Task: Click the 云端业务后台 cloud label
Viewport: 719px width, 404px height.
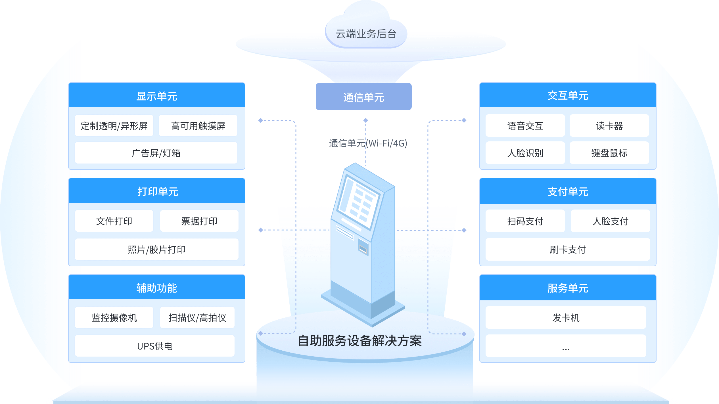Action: [x=366, y=34]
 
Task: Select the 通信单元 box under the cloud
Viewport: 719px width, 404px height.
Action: [x=363, y=97]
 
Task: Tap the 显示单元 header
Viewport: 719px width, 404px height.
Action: [x=157, y=96]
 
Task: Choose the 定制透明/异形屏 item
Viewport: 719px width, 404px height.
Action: [x=114, y=126]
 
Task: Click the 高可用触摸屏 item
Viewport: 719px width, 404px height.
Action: [x=198, y=126]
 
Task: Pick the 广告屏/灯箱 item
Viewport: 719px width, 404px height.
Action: [x=156, y=153]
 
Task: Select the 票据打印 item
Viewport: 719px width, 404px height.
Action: [x=199, y=221]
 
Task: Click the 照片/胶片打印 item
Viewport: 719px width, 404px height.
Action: [x=157, y=250]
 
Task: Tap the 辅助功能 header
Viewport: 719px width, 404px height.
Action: [x=157, y=288]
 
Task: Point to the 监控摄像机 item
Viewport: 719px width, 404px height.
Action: [x=114, y=318]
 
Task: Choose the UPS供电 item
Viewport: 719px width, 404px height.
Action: [x=155, y=346]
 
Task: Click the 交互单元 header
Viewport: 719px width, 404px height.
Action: [x=568, y=95]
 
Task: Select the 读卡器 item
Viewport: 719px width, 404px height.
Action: [x=609, y=126]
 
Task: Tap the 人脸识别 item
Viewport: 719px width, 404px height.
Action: [x=525, y=153]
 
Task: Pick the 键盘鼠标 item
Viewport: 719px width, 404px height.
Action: [x=609, y=153]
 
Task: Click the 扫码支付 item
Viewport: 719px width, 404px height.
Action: [x=525, y=221]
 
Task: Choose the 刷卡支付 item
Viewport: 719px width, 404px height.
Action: [x=568, y=250]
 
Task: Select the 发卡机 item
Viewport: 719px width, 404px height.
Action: [x=566, y=318]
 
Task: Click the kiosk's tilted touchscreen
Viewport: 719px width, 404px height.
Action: [x=358, y=203]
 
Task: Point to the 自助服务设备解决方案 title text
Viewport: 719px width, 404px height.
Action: [x=360, y=341]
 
